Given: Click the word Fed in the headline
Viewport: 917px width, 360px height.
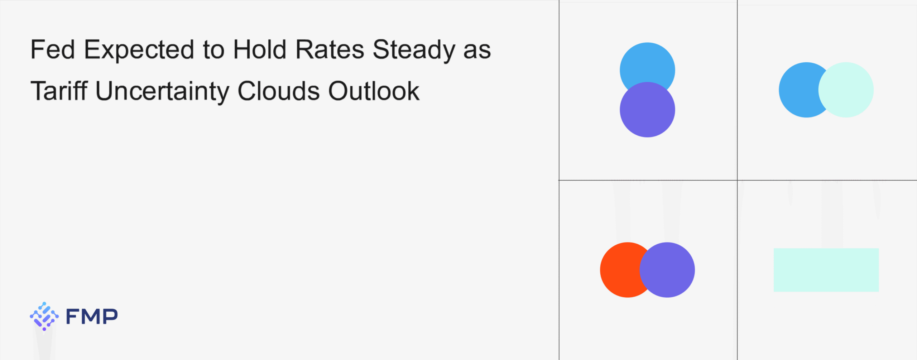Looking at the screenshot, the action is pos(53,49).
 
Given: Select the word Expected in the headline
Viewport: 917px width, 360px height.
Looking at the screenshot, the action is pos(139,50).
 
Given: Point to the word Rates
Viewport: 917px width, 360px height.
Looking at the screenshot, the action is pos(330,49).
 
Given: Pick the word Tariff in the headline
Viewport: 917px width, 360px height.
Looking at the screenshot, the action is pos(59,91).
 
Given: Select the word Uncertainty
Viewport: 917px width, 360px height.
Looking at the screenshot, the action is pos(162,92).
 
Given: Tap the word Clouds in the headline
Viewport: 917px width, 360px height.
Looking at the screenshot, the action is pos(279,91).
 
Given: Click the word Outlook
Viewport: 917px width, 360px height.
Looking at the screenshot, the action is pos(374,91).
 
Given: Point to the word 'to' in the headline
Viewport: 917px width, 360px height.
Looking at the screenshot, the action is pos(214,51).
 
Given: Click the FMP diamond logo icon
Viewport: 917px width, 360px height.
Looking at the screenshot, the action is pos(44,316).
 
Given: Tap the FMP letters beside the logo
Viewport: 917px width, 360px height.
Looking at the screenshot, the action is pos(92,316).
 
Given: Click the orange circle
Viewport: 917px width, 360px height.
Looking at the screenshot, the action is pos(620,270).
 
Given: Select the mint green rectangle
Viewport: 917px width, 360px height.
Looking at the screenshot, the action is pos(826,270).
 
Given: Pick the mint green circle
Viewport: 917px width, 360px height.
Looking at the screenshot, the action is pos(846,90).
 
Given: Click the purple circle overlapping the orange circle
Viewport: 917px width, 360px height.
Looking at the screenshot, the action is pos(667,270).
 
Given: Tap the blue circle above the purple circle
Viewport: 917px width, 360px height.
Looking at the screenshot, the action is pos(647,64).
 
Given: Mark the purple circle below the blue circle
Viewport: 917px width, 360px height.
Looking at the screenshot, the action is pos(647,110).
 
